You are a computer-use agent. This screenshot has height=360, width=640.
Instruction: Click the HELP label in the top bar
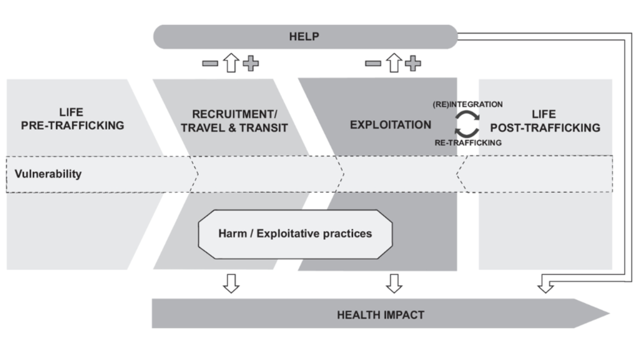tap(304, 37)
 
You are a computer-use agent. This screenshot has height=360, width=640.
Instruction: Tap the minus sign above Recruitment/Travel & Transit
tap(210, 64)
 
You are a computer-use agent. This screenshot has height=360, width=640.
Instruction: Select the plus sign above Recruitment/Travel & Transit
tap(251, 64)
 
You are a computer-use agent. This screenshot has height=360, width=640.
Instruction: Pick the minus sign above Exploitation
tap(373, 64)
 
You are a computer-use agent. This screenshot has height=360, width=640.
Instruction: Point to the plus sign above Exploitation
tap(414, 64)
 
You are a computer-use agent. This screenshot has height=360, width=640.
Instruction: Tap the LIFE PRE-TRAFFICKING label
tap(72, 120)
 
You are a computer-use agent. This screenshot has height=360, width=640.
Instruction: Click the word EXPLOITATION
tap(390, 125)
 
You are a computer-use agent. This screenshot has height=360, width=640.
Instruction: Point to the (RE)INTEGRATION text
tap(468, 104)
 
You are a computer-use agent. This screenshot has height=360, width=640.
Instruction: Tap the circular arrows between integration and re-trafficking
tap(467, 123)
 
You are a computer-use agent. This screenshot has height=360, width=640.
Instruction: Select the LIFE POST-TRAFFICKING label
tap(544, 121)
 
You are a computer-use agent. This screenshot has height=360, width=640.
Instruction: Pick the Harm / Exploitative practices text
tap(295, 234)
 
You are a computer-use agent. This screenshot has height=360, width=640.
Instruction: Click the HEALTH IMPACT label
tap(380, 314)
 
